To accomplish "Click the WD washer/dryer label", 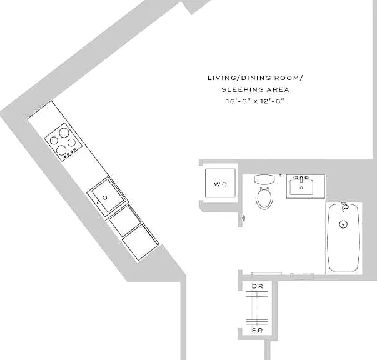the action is click(220, 184).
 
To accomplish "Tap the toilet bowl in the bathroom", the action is click(264, 198).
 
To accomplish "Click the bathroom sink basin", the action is click(301, 187).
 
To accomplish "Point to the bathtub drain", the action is click(343, 224).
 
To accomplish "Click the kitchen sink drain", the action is click(105, 197).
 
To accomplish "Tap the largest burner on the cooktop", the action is click(64, 132).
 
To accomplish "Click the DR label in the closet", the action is click(257, 286).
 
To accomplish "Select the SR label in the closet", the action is click(257, 331).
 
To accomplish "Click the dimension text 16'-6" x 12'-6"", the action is click(255, 101).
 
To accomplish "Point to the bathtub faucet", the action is click(344, 207).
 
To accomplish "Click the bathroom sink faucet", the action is click(301, 178).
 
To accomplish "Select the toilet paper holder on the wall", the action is click(244, 218).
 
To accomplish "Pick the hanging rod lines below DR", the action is click(257, 294).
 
